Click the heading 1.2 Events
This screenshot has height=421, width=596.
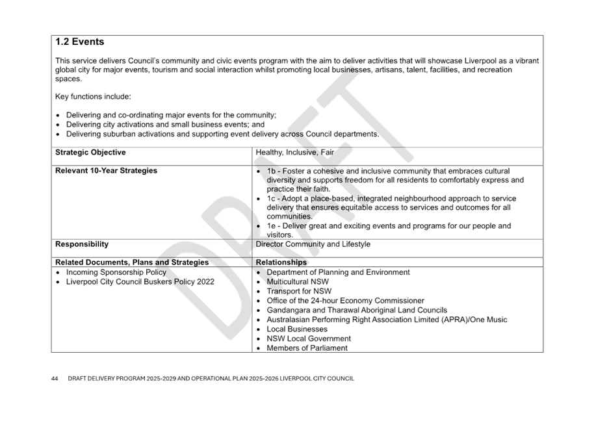click(80, 42)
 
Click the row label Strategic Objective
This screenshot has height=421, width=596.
click(91, 153)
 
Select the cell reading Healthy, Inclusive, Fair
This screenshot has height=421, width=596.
click(294, 153)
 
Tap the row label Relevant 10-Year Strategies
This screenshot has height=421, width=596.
click(107, 171)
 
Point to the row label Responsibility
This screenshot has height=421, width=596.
click(82, 244)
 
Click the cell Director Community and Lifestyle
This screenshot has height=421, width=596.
click(313, 244)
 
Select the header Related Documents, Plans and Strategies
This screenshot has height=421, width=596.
click(132, 262)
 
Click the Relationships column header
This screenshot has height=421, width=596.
click(281, 262)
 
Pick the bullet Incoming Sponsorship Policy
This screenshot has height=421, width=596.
click(116, 272)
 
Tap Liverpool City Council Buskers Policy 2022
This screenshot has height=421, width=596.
click(140, 282)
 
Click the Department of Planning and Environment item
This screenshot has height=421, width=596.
click(338, 272)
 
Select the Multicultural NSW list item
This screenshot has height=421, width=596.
click(298, 282)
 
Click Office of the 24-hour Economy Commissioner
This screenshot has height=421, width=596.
click(345, 301)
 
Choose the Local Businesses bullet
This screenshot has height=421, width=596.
click(297, 329)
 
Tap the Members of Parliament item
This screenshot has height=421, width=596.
click(307, 348)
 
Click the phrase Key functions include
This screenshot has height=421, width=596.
click(93, 97)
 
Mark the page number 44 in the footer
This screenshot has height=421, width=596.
click(55, 378)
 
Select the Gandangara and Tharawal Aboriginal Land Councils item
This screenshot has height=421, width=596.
click(357, 311)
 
